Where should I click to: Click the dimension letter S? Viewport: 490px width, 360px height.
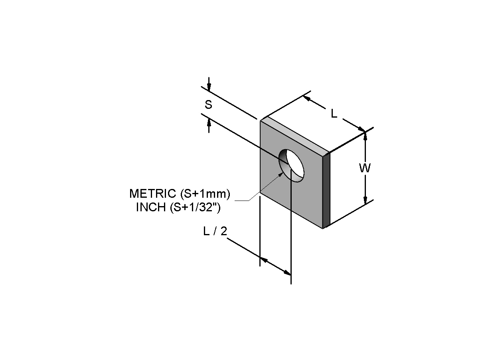(208, 104)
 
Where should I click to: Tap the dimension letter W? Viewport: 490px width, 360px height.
(365, 168)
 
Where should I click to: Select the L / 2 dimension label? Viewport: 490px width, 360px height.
(215, 231)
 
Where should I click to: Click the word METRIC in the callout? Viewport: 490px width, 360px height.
(153, 193)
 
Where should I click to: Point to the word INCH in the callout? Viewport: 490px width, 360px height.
(151, 207)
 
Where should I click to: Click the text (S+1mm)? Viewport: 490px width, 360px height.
(205, 194)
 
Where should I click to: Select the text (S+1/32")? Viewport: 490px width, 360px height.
(196, 207)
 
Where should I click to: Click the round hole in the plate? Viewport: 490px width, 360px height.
(291, 165)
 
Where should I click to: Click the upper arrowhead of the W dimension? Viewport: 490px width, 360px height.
(365, 136)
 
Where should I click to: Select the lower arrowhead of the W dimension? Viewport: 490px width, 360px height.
(365, 200)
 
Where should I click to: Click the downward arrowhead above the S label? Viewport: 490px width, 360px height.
(209, 87)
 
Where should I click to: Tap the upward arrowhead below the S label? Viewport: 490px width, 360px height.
(209, 124)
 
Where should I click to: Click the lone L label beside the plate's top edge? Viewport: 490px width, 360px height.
(334, 114)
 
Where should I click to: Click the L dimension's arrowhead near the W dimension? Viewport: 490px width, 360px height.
(361, 130)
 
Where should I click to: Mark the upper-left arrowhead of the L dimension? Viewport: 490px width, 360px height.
(307, 98)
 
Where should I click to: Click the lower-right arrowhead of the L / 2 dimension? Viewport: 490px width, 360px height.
(287, 273)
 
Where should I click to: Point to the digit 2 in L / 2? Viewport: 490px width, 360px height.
(224, 231)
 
